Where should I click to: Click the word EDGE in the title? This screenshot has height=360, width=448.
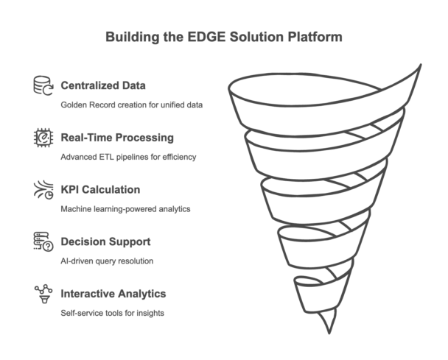coord(206,37)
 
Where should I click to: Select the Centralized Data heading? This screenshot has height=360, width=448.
coord(103,85)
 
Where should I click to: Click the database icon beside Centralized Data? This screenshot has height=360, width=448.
coord(43,85)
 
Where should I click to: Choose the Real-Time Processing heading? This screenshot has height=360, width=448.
coord(117,138)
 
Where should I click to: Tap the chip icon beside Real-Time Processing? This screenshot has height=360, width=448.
coord(43,138)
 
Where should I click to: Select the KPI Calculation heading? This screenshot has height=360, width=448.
coord(100,189)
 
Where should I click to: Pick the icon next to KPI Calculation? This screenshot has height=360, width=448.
coord(43,189)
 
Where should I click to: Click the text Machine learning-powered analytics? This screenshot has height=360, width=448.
coord(125,209)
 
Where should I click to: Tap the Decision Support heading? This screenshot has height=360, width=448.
coord(105,241)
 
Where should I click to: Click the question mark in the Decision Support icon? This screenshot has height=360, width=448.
coord(48,246)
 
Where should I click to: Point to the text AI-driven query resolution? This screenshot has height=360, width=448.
coord(107,261)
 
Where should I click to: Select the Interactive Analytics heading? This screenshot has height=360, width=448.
coord(113,294)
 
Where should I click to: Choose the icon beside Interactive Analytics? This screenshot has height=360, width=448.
coord(43,294)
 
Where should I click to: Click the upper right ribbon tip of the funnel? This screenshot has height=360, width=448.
coord(421,65)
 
